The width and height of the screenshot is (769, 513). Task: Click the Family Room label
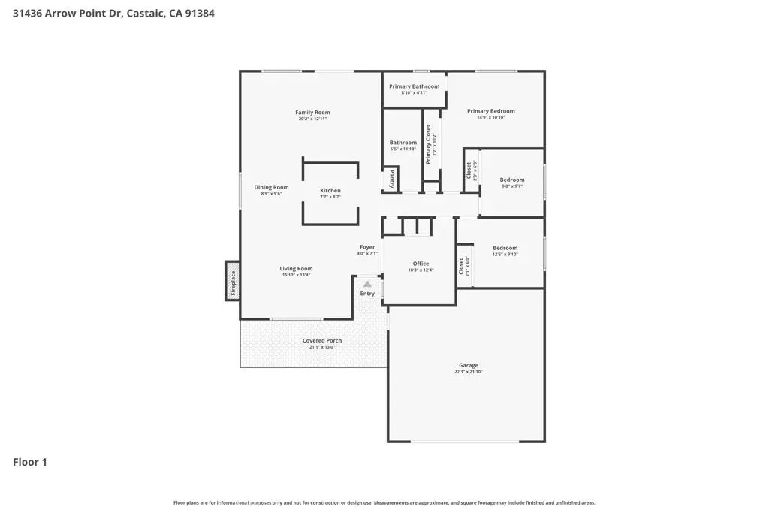click(x=312, y=113)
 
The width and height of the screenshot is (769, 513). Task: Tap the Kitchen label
click(x=330, y=191)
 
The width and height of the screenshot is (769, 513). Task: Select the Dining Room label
click(x=271, y=187)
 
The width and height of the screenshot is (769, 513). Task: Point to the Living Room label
click(x=296, y=268)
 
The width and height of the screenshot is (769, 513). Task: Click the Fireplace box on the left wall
click(x=233, y=281)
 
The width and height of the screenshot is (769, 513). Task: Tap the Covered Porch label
click(x=322, y=340)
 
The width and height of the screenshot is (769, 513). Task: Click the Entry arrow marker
click(x=367, y=285)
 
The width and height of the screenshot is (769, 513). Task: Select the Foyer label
click(x=366, y=247)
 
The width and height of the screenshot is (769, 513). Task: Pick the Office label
click(x=421, y=264)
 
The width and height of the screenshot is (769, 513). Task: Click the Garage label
click(x=469, y=366)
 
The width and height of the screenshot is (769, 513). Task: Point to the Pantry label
click(x=391, y=179)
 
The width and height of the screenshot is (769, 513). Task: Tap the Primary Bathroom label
click(x=414, y=86)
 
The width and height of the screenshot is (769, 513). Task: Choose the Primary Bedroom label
click(x=496, y=111)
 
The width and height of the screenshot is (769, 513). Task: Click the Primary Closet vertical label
click(x=430, y=145)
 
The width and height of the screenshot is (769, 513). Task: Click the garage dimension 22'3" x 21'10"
click(x=469, y=372)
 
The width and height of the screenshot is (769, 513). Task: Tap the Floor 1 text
click(x=30, y=462)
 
